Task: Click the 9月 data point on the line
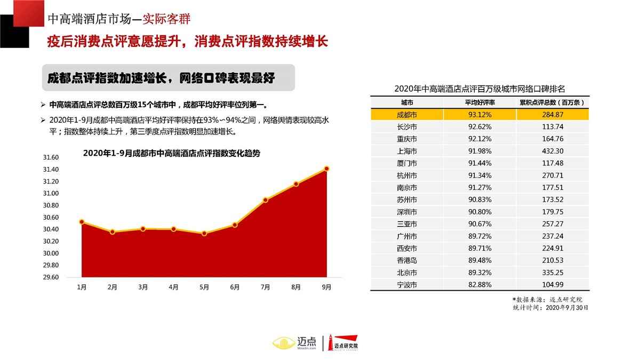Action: click(x=326, y=169)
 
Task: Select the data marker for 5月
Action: click(x=204, y=234)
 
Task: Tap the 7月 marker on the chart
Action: click(x=265, y=200)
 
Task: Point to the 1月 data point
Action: click(x=82, y=222)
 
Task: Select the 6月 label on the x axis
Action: click(x=235, y=287)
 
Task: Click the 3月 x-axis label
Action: click(x=143, y=287)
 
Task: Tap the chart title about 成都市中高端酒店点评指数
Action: click(x=172, y=153)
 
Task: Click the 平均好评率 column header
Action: click(x=479, y=102)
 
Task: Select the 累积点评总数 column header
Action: click(x=552, y=102)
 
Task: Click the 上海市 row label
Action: click(x=407, y=151)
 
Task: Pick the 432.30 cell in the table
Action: click(x=552, y=151)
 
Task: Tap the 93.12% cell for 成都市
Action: click(x=479, y=115)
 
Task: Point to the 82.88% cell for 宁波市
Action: click(x=479, y=285)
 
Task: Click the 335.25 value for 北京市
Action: click(x=552, y=273)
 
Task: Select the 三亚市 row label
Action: click(x=407, y=225)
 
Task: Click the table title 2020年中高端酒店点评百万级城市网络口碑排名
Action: click(x=479, y=89)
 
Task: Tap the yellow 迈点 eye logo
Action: click(x=283, y=342)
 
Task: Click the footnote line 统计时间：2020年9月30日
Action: click(x=550, y=308)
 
